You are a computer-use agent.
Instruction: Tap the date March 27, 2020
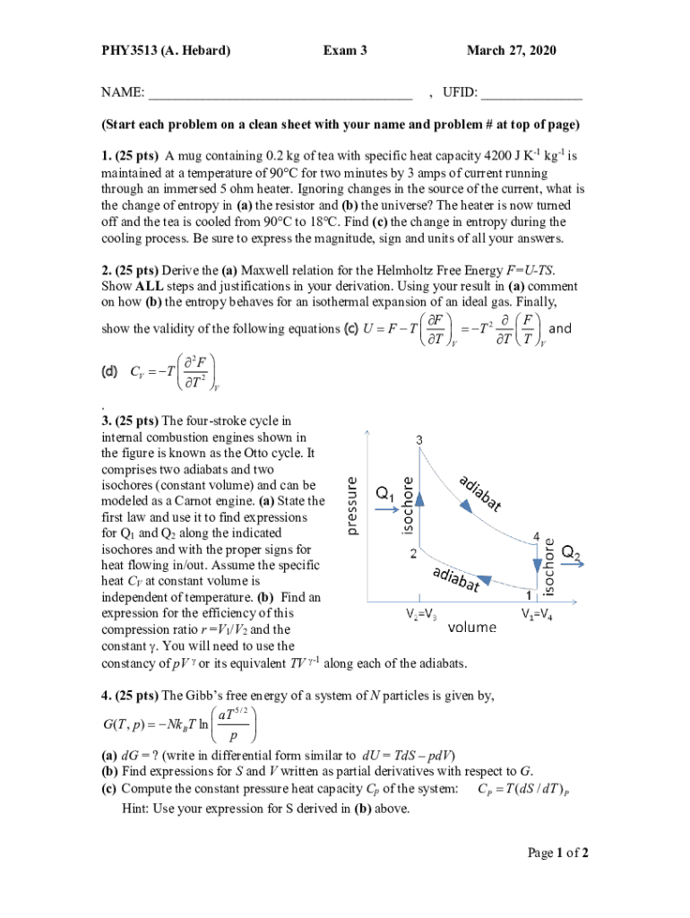[511, 51]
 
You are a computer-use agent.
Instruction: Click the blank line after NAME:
[280, 95]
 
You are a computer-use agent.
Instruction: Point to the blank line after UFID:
[530, 95]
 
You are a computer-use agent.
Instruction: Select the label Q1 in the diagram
[384, 493]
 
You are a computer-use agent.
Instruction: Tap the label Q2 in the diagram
[571, 554]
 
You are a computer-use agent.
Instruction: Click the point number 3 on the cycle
[419, 440]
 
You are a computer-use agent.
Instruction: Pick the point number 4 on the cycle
[536, 536]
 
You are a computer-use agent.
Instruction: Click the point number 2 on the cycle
[413, 553]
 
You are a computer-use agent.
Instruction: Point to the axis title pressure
[352, 506]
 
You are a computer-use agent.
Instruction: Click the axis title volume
[471, 628]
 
